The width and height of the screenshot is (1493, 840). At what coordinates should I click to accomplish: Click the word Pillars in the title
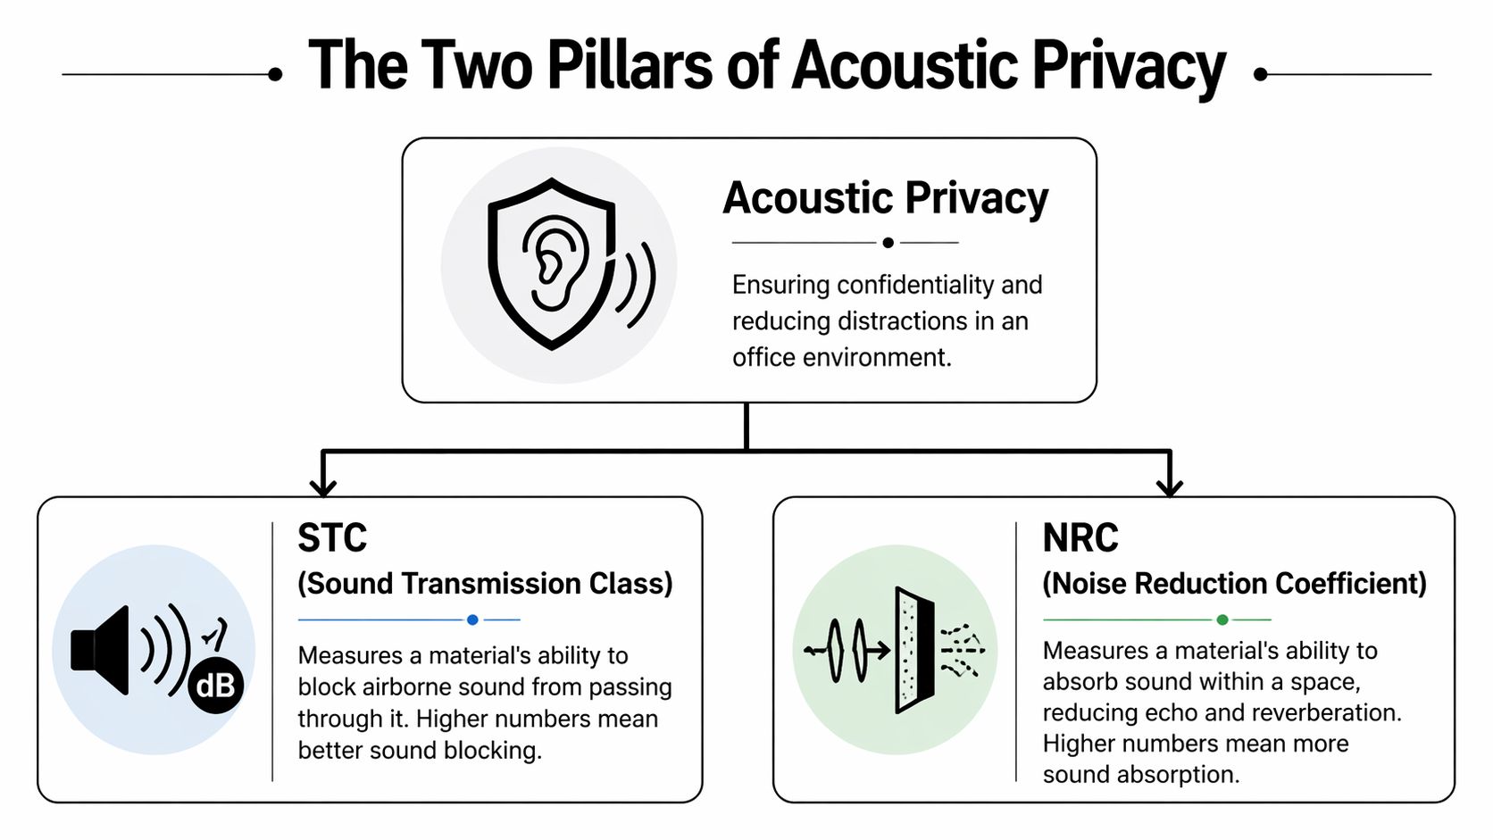tap(629, 66)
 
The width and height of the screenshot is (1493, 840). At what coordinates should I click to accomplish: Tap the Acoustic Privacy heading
tap(885, 198)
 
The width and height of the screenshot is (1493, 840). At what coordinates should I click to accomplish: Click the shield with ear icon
tap(552, 264)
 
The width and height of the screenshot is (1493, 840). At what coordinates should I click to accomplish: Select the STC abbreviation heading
tap(332, 538)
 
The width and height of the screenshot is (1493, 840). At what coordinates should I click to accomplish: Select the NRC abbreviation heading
tap(1080, 538)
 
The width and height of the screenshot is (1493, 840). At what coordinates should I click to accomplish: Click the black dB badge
tap(215, 686)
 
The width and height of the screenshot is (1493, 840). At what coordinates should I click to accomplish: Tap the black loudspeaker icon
tap(102, 650)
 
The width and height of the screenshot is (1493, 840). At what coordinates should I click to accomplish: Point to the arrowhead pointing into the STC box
tap(322, 487)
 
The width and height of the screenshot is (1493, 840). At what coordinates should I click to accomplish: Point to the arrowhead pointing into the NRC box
tap(1169, 487)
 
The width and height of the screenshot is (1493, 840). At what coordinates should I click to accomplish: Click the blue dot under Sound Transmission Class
tap(472, 620)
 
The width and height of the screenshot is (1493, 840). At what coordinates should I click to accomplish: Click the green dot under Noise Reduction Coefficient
tap(1222, 620)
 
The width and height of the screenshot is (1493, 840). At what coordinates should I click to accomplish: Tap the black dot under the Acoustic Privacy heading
tap(888, 243)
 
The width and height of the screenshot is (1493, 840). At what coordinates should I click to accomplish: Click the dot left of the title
tap(275, 75)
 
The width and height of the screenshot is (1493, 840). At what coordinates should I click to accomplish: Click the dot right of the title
tap(1261, 75)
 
